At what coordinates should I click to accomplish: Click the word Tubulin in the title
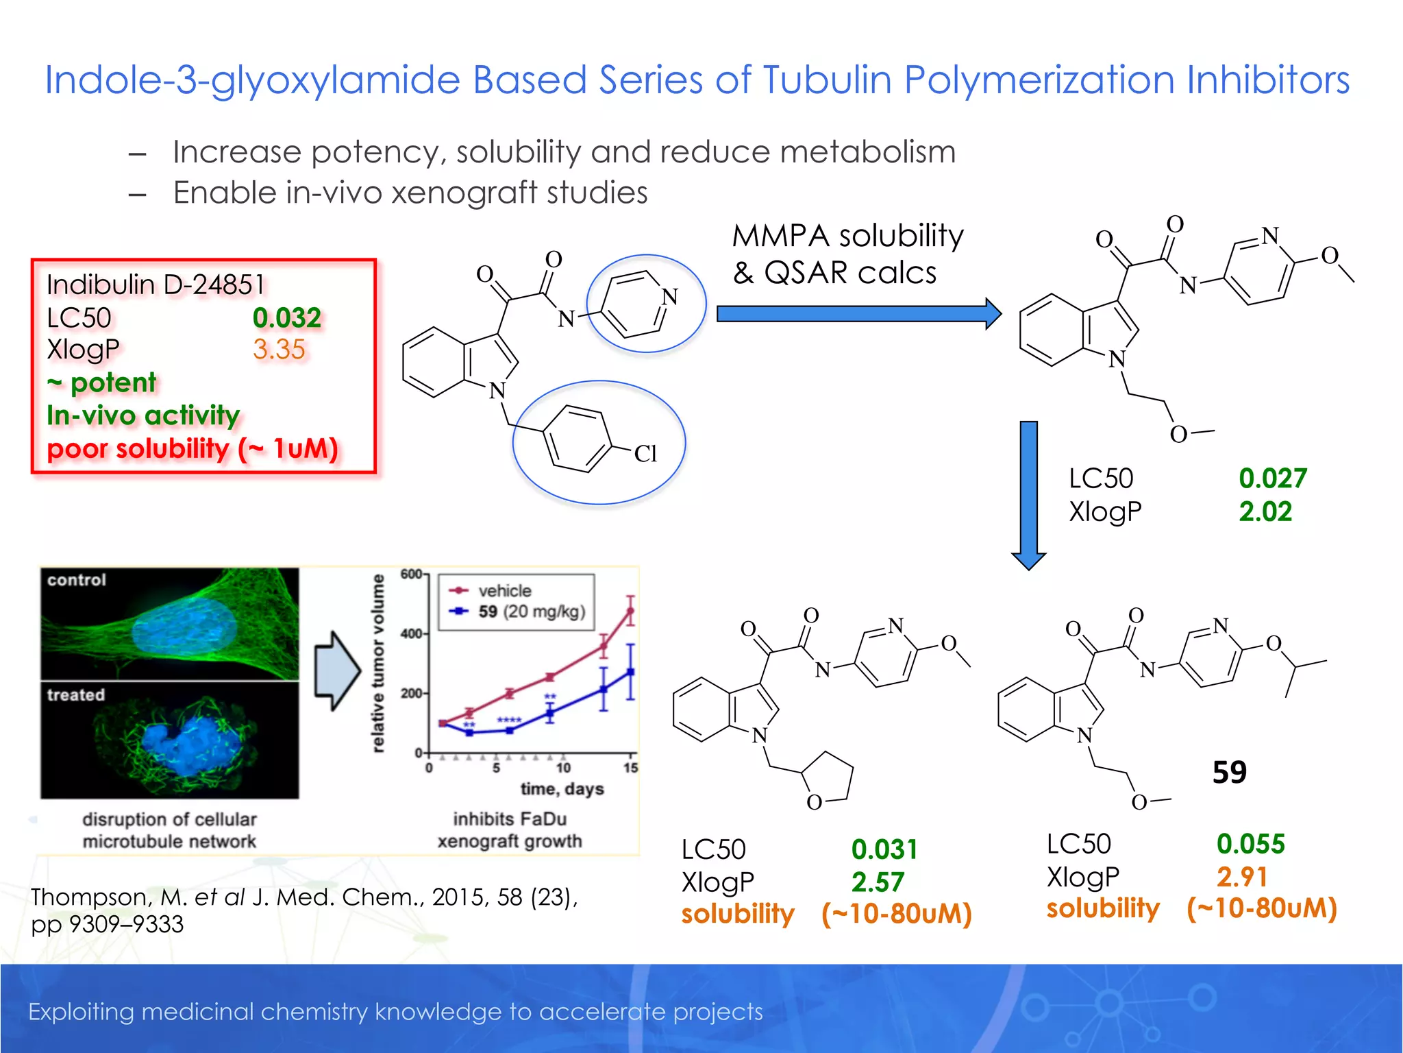[827, 80]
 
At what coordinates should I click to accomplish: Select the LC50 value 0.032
[286, 317]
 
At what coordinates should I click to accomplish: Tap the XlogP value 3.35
[278, 350]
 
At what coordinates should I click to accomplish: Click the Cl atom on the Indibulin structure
[645, 453]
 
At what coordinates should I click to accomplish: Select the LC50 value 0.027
[1272, 479]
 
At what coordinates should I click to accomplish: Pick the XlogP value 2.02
[1265, 511]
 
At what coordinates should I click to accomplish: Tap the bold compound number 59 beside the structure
[1229, 773]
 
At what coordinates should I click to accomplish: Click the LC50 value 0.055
[1250, 844]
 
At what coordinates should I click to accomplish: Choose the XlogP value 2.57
[878, 882]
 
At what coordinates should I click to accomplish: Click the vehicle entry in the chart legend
[504, 591]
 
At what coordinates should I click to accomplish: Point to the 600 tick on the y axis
[411, 574]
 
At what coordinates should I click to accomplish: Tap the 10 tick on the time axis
[563, 768]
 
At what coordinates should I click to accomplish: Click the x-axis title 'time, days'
[562, 789]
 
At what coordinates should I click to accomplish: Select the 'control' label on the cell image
[77, 580]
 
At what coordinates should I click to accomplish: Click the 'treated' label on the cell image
[76, 695]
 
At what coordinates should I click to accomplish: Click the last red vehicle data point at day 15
[630, 611]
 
